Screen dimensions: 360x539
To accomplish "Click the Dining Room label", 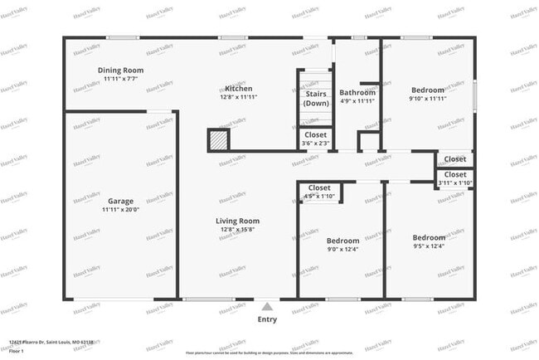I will point(121,71).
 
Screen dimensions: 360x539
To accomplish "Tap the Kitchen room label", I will point(238,89).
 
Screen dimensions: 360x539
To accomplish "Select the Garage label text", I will point(120,201).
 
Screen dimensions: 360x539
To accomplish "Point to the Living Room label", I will point(238,221).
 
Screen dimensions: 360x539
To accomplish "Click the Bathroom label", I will point(357,92).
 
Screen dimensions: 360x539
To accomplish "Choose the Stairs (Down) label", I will point(315,99).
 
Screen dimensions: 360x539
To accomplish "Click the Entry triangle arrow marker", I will point(267,305).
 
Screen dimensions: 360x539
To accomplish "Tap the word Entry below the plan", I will point(267,319).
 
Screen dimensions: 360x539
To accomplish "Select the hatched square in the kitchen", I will point(218,140).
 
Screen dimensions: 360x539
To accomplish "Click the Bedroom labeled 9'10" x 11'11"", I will point(427,90).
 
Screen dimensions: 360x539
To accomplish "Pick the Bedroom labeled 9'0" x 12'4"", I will point(342,241).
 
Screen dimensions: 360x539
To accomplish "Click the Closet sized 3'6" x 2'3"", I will point(315,134).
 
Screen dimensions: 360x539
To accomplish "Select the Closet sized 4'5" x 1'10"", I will point(319,188).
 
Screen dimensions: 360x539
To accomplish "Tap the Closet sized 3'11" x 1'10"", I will point(454,175).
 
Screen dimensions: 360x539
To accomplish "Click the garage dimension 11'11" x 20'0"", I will point(120,210).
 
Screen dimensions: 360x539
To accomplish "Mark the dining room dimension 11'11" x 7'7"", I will point(121,79).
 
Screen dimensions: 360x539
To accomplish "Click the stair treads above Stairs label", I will point(315,80).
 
